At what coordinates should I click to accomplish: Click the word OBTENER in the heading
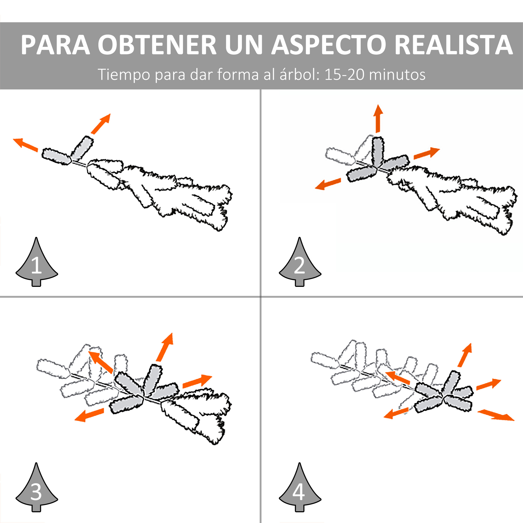click(157, 45)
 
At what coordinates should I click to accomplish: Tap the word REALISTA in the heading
click(453, 45)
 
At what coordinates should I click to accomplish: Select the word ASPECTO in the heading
click(329, 45)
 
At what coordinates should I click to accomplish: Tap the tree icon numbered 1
click(37, 262)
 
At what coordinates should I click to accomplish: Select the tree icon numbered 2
click(300, 262)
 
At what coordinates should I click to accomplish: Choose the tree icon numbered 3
click(37, 487)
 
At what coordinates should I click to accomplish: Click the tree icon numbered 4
click(300, 487)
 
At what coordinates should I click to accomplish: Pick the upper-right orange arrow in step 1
click(101, 124)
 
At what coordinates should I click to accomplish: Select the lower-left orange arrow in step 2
click(328, 184)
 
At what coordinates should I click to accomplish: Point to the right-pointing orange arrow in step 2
click(427, 153)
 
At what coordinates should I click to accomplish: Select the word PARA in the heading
click(55, 45)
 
